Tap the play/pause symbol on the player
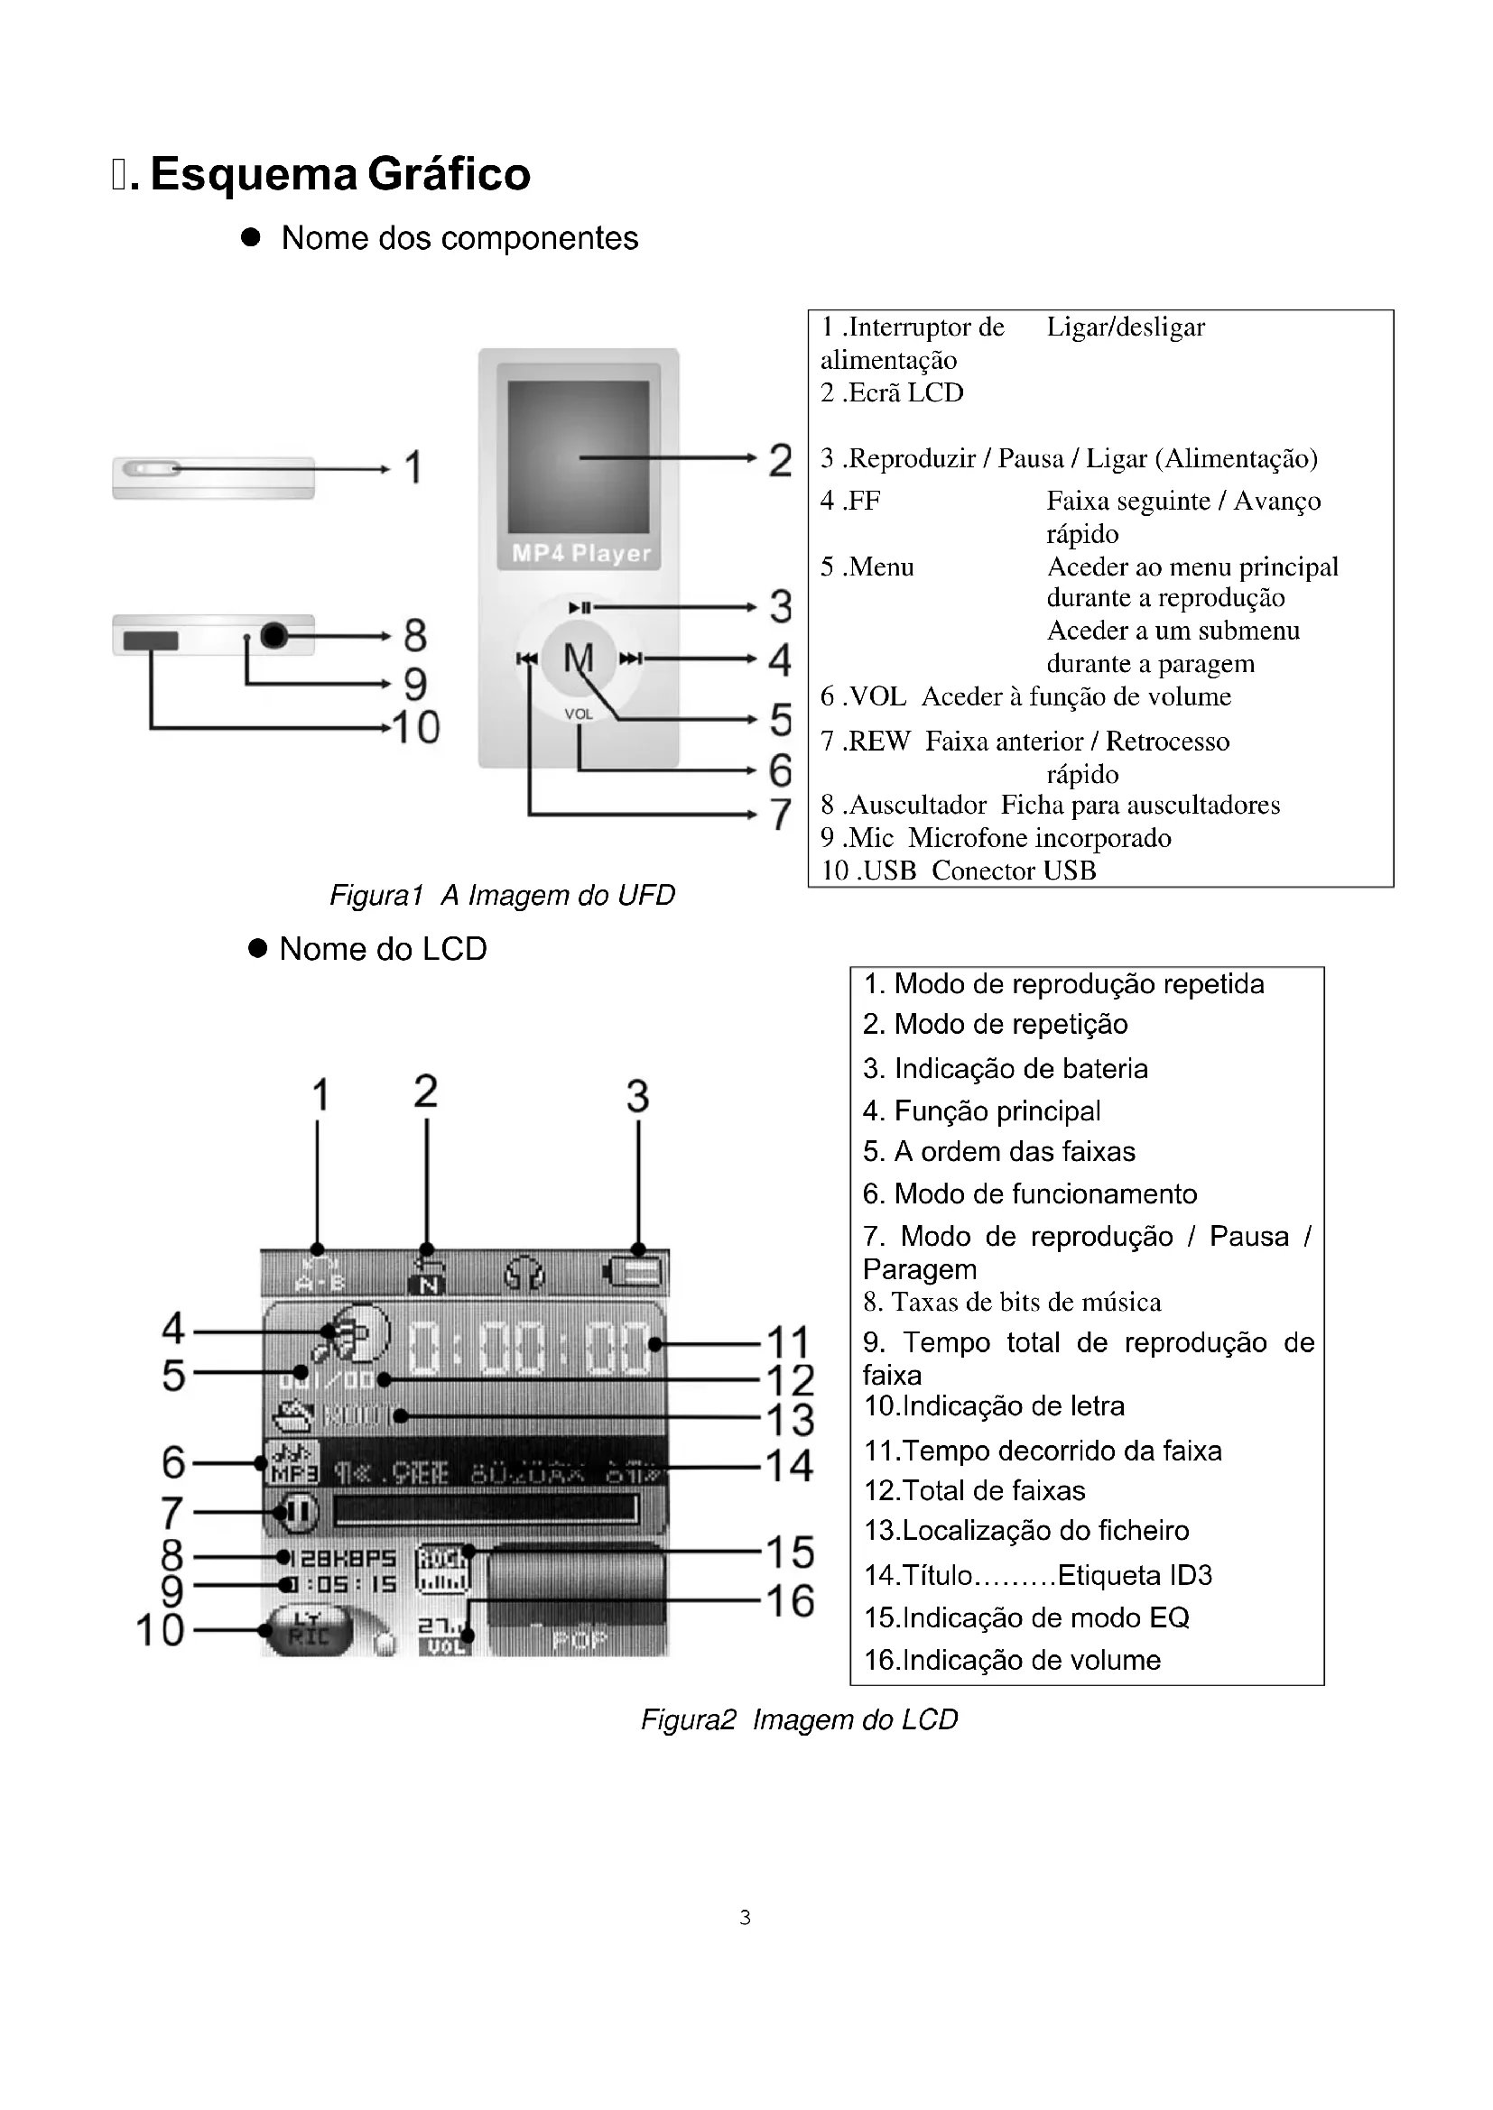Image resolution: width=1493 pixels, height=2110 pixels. coord(580,607)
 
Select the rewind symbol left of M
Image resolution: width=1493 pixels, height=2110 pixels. coord(527,658)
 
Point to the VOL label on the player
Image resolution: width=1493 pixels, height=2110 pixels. coord(579,714)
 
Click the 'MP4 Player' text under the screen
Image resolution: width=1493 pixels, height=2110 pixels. coord(581,553)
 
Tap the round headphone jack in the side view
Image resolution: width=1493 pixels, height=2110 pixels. coord(275,635)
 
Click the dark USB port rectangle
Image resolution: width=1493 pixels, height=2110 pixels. coord(151,640)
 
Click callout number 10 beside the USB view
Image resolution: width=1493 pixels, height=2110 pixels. coord(415,728)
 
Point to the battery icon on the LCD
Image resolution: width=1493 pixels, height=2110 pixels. coord(637,1274)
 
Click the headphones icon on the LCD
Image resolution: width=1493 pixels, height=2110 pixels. coord(525,1275)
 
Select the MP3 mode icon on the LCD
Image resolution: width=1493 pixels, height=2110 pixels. coord(292,1462)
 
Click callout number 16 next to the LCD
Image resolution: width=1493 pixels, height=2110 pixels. coord(790,1601)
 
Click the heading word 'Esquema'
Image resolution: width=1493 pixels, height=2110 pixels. coord(253,174)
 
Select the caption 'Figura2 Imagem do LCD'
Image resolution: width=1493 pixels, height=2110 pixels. coord(799,1719)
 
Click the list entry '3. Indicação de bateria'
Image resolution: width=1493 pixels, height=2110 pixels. coord(1005,1068)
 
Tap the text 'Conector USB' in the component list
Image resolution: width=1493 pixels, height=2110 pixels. coord(1013,871)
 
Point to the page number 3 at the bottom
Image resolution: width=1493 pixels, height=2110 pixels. coord(745,1918)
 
